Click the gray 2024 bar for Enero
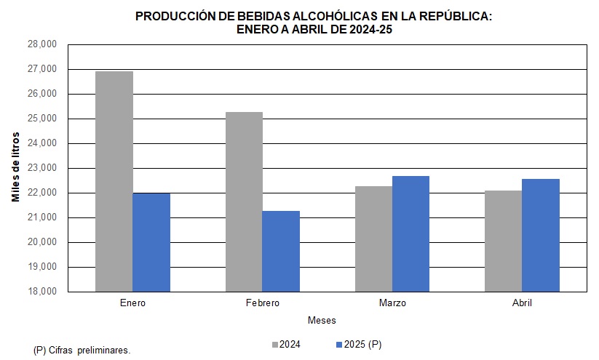point(114,182)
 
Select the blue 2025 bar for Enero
point(151,242)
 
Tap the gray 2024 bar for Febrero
point(244,202)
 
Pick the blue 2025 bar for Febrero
point(281,251)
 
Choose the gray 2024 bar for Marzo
point(373,239)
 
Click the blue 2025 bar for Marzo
point(410,233)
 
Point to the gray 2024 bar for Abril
point(503,241)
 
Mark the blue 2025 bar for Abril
point(540,235)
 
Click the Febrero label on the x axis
point(262,303)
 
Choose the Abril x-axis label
point(521,303)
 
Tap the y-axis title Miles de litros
point(15,167)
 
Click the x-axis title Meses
point(322,320)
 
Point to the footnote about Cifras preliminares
point(82,350)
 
